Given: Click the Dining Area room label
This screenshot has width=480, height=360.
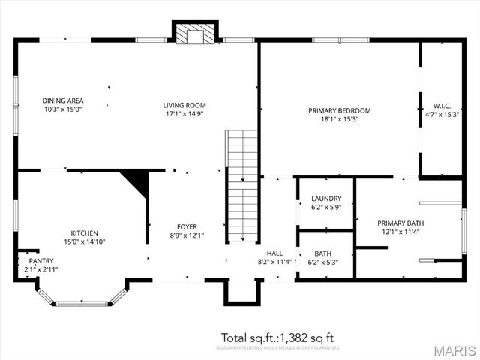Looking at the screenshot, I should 63,100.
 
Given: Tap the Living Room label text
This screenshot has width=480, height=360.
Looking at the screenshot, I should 184,105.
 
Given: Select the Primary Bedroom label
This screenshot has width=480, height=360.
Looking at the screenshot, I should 339,110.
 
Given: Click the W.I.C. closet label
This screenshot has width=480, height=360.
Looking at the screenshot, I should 441,106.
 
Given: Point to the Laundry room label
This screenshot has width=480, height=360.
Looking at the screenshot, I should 326,199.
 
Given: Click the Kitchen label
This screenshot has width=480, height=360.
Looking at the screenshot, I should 85,233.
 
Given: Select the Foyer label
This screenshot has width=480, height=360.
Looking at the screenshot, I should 187,226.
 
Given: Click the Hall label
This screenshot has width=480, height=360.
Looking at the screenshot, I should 274,253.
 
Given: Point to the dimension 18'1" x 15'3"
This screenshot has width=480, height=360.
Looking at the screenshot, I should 339,119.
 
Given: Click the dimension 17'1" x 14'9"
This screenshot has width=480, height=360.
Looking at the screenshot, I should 184,114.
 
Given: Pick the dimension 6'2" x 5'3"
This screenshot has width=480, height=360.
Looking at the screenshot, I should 323,262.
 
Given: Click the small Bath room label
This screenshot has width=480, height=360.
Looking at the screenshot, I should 323,253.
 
